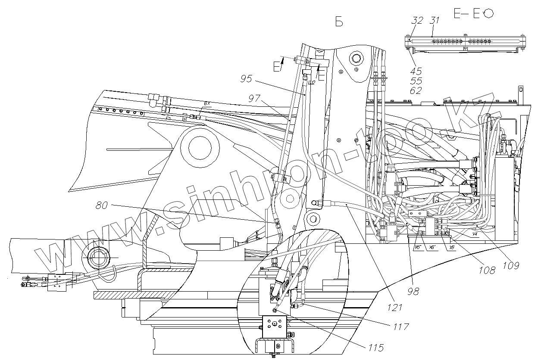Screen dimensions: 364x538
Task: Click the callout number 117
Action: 401,327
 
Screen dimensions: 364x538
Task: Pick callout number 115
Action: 373,348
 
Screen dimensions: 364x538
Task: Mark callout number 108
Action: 487,270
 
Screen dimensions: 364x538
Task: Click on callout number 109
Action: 510,265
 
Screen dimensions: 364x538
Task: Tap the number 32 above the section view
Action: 417,21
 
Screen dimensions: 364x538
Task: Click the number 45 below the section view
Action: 416,71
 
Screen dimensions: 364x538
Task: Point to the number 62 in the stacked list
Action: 416,90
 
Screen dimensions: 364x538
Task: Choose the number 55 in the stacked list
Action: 416,81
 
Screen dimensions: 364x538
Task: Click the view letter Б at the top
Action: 339,22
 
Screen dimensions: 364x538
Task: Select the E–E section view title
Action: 467,14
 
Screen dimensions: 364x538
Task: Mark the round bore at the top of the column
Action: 356,58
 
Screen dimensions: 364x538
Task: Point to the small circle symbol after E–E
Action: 489,14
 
